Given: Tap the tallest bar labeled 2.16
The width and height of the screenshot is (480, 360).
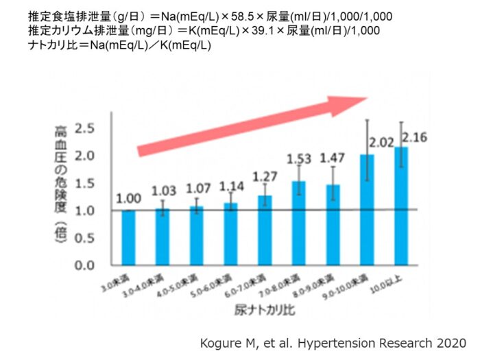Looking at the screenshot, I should coord(400,206).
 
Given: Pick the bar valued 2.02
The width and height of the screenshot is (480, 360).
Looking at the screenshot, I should coord(367,209).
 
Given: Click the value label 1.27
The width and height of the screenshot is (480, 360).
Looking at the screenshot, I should coord(264,177).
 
